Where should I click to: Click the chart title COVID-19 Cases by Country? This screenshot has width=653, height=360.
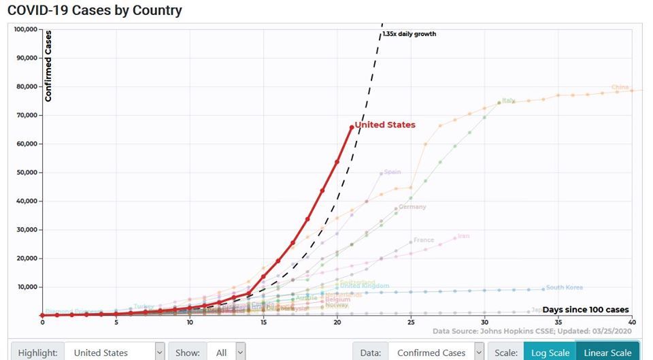pyautogui.click(x=95, y=10)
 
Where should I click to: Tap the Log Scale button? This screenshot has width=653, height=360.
pyautogui.click(x=549, y=353)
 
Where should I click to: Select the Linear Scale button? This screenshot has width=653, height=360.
pyautogui.click(x=607, y=353)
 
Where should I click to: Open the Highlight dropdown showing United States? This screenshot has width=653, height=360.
pyautogui.click(x=116, y=353)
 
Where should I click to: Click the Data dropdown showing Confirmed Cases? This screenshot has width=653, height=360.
pyautogui.click(x=436, y=353)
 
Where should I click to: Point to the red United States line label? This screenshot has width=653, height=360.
pyautogui.click(x=385, y=125)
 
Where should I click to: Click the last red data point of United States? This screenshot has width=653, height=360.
pyautogui.click(x=352, y=127)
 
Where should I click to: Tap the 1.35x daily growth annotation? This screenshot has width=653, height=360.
pyautogui.click(x=409, y=34)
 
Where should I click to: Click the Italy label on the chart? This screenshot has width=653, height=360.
pyautogui.click(x=507, y=101)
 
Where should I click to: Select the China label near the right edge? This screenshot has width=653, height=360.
pyautogui.click(x=620, y=87)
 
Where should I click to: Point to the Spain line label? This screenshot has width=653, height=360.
pyautogui.click(x=392, y=172)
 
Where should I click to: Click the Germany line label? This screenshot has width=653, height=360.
pyautogui.click(x=412, y=207)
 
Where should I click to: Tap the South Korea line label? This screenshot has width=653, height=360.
pyautogui.click(x=564, y=287)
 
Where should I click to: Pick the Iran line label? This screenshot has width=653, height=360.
pyautogui.click(x=463, y=236)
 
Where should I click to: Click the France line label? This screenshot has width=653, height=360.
pyautogui.click(x=423, y=240)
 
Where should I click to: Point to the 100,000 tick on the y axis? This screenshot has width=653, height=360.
pyautogui.click(x=25, y=29)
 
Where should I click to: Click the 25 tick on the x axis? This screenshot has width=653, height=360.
pyautogui.click(x=411, y=322)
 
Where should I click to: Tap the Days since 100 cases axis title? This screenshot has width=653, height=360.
pyautogui.click(x=585, y=310)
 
